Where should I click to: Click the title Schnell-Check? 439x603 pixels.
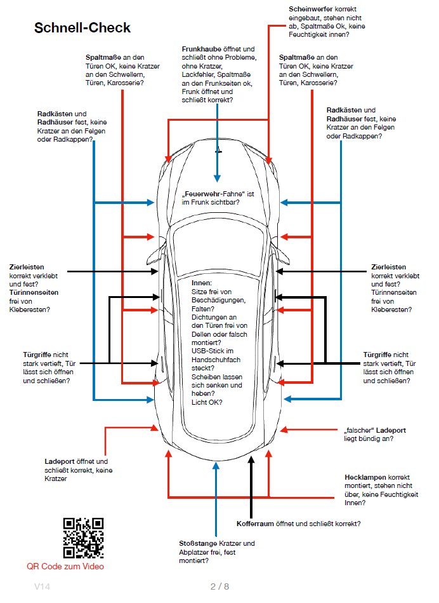pos(82,27)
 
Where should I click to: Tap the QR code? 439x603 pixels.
pos(83,538)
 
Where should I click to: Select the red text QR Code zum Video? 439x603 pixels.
pos(65,566)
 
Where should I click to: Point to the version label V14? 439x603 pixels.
pos(43,586)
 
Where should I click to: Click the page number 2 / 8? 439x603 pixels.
pos(219,586)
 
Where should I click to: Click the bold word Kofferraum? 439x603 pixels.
pos(254,524)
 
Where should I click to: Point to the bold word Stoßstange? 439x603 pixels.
pos(199,544)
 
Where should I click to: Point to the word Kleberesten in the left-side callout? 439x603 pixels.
pos(30,309)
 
